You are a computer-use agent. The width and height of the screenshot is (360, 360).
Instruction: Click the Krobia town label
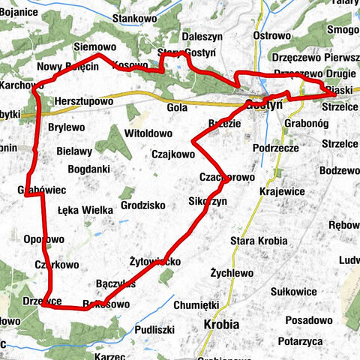click(221, 325)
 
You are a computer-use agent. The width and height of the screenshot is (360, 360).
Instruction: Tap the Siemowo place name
click(93, 46)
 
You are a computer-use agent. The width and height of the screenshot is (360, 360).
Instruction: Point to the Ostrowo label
click(271, 35)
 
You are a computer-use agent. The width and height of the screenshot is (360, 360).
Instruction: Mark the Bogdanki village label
click(88, 169)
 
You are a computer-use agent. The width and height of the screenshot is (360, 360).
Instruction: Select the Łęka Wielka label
click(85, 210)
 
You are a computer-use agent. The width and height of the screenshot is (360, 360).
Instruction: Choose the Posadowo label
click(308, 319)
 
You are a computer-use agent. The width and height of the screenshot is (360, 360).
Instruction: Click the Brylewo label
click(66, 127)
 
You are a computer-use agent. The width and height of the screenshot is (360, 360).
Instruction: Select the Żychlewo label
click(232, 273)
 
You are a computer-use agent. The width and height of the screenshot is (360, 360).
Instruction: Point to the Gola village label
click(178, 107)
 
